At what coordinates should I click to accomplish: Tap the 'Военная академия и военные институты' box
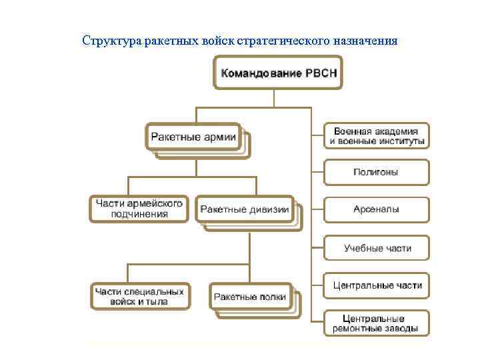[377, 136]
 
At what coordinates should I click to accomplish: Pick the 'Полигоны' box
[377, 172]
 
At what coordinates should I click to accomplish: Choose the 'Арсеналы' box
[377, 209]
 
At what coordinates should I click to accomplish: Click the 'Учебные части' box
[377, 248]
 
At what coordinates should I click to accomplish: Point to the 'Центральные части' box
[377, 285]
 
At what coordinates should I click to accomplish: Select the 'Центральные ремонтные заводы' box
[377, 323]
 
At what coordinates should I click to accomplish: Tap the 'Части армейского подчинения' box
[139, 209]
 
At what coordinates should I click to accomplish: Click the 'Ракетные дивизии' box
[245, 209]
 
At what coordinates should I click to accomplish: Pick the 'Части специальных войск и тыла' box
[139, 296]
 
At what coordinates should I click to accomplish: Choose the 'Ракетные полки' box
[251, 297]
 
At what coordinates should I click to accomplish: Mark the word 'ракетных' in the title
[181, 41]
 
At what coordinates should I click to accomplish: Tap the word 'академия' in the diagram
[399, 131]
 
